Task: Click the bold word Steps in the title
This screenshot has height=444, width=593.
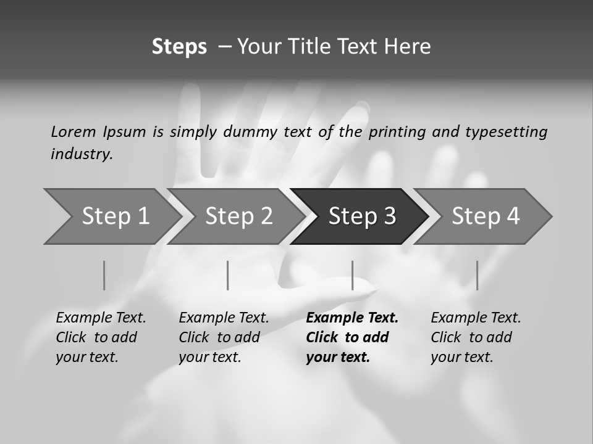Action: (179, 47)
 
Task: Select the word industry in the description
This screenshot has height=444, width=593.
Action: (82, 154)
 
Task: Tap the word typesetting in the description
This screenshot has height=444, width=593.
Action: (506, 131)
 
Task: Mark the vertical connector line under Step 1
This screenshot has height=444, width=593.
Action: (104, 275)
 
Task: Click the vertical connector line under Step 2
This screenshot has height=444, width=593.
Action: (227, 275)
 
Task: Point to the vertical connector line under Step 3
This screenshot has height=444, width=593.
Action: (352, 275)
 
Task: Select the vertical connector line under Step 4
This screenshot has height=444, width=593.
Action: (477, 275)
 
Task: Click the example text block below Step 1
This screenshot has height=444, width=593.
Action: (101, 337)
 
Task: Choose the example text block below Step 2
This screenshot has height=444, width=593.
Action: (224, 337)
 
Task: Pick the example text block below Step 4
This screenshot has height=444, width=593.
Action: (476, 337)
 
